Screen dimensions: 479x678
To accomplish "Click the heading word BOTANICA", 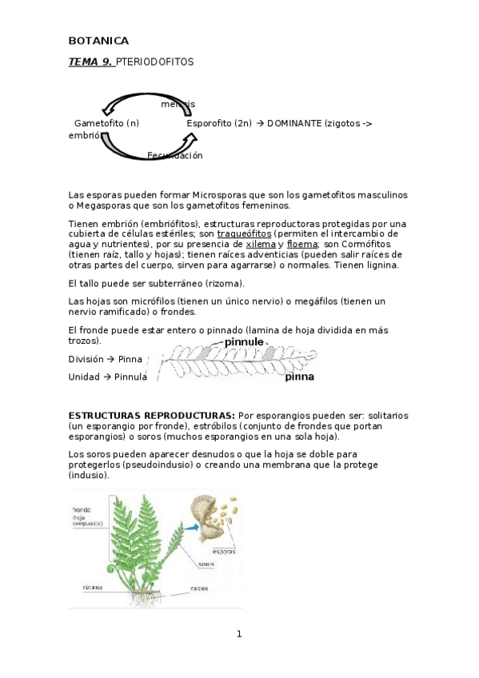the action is point(98,41).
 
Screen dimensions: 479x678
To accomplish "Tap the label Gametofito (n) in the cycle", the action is point(106,123).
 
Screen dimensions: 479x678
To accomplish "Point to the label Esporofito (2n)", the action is point(219,123).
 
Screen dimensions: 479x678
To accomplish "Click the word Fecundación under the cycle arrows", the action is point(175,155).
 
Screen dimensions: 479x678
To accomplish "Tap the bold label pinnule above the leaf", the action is point(243,341).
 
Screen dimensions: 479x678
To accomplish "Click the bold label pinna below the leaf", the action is point(300,377).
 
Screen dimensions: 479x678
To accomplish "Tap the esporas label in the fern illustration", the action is point(223,552).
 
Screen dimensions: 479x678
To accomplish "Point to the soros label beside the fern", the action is point(206,564).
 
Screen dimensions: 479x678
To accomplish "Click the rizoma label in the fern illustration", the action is point(92,587).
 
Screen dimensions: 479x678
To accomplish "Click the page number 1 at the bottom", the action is point(238,634).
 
